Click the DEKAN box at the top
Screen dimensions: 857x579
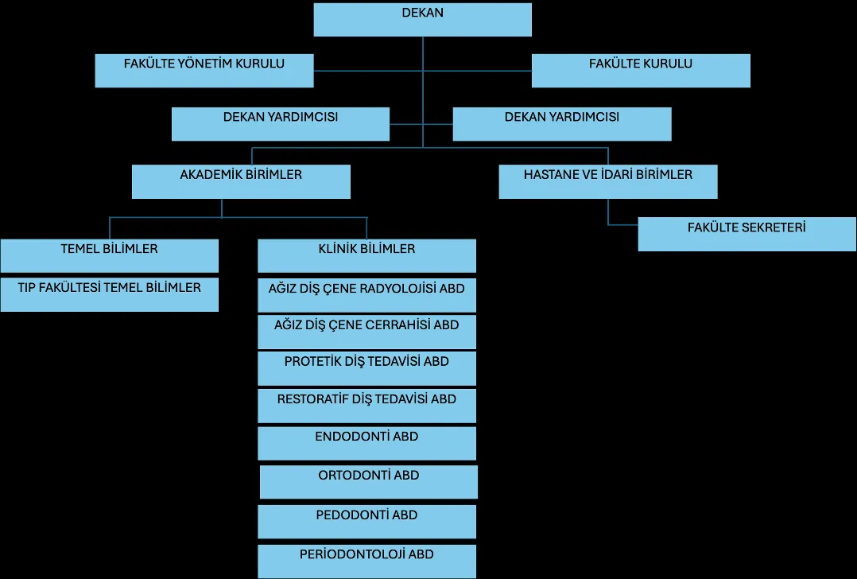tap(422, 20)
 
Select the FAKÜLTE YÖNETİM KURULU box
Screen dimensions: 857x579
tap(204, 71)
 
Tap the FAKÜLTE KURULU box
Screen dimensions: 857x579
tap(641, 71)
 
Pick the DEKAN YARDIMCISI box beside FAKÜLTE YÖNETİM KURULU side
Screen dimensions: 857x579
tap(281, 124)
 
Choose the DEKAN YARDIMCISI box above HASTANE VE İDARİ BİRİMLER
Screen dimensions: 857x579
tap(562, 124)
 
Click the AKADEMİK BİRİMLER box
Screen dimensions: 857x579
tap(241, 181)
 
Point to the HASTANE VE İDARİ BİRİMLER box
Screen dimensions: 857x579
tap(608, 181)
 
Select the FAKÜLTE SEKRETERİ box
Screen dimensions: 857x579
tap(747, 235)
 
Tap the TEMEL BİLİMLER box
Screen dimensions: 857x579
tap(110, 256)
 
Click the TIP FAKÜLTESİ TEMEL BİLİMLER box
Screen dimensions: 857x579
tap(110, 295)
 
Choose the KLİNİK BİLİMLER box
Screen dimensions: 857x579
tap(366, 256)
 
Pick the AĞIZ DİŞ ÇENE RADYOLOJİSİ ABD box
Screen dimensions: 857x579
tap(366, 295)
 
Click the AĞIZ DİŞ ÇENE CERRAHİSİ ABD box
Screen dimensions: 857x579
tap(366, 332)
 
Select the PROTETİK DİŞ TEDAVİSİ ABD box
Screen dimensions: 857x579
tap(366, 368)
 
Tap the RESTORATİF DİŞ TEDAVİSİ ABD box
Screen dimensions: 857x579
tap(366, 406)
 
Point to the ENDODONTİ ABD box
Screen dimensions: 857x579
tap(366, 444)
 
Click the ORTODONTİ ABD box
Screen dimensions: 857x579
tap(369, 482)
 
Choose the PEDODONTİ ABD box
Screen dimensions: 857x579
tap(366, 522)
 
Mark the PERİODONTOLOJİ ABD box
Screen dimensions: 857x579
tap(366, 561)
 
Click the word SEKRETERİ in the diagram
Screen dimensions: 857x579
tap(776, 227)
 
